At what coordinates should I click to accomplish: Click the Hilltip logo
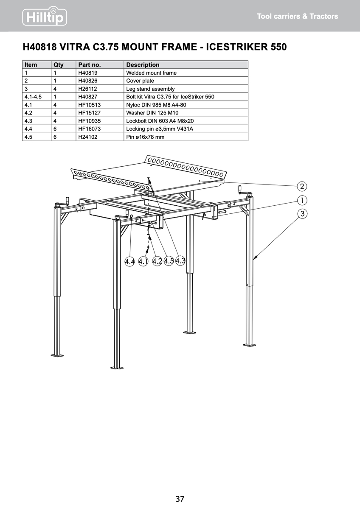click(45, 16)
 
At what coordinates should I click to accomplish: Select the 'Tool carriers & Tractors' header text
click(298, 17)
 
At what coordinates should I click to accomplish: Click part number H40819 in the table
click(88, 73)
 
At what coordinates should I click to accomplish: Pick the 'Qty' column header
click(59, 65)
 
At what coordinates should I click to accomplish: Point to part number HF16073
click(90, 129)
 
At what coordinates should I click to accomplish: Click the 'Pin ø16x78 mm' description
click(145, 137)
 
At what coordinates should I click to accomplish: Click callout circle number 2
click(302, 187)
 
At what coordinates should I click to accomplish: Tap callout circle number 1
click(302, 200)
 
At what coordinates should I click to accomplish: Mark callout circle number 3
click(302, 214)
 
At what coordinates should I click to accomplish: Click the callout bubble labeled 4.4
click(129, 262)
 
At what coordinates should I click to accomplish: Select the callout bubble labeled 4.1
click(143, 261)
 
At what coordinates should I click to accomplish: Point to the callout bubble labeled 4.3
click(180, 260)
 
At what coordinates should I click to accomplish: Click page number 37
click(180, 499)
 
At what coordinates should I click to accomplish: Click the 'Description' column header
click(143, 65)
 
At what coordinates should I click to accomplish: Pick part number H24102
click(88, 137)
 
